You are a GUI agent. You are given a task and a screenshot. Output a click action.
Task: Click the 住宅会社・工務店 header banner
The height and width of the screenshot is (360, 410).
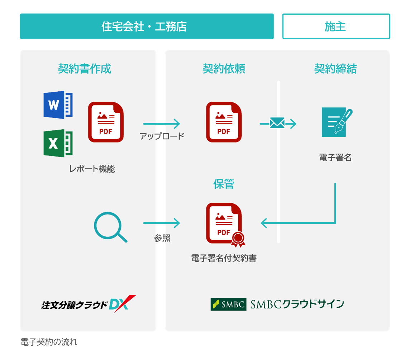click(147, 26)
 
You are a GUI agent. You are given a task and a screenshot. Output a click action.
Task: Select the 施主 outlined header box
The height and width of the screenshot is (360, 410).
click(336, 26)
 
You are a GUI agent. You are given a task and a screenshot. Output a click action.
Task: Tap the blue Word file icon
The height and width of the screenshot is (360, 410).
click(58, 105)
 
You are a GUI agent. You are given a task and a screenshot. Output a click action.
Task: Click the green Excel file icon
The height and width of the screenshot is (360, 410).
click(58, 143)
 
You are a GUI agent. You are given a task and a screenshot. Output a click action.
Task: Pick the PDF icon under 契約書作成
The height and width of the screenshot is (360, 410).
click(106, 122)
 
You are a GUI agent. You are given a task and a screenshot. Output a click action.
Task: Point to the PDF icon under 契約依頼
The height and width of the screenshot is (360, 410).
click(224, 122)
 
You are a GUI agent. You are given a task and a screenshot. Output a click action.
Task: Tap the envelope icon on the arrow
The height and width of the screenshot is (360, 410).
click(277, 123)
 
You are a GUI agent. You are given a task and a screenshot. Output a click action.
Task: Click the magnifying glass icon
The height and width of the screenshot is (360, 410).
click(110, 227)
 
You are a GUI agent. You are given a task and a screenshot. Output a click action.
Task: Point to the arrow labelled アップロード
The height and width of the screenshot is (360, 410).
click(162, 124)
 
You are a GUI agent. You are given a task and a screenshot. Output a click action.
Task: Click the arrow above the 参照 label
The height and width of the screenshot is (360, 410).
click(162, 223)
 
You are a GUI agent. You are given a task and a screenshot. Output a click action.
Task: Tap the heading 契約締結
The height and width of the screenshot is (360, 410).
click(335, 69)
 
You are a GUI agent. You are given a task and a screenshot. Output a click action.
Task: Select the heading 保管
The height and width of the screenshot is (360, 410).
click(224, 184)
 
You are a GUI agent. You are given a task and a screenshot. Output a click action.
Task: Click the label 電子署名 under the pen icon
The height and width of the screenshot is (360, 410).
click(335, 158)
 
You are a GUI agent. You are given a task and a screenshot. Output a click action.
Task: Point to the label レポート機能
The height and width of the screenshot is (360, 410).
click(92, 169)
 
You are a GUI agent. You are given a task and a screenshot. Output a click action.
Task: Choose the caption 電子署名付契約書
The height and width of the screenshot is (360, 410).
click(224, 258)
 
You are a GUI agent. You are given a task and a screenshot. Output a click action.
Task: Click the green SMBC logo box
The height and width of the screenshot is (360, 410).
click(228, 304)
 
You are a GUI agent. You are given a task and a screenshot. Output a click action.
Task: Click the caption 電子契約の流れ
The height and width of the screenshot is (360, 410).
click(49, 342)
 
